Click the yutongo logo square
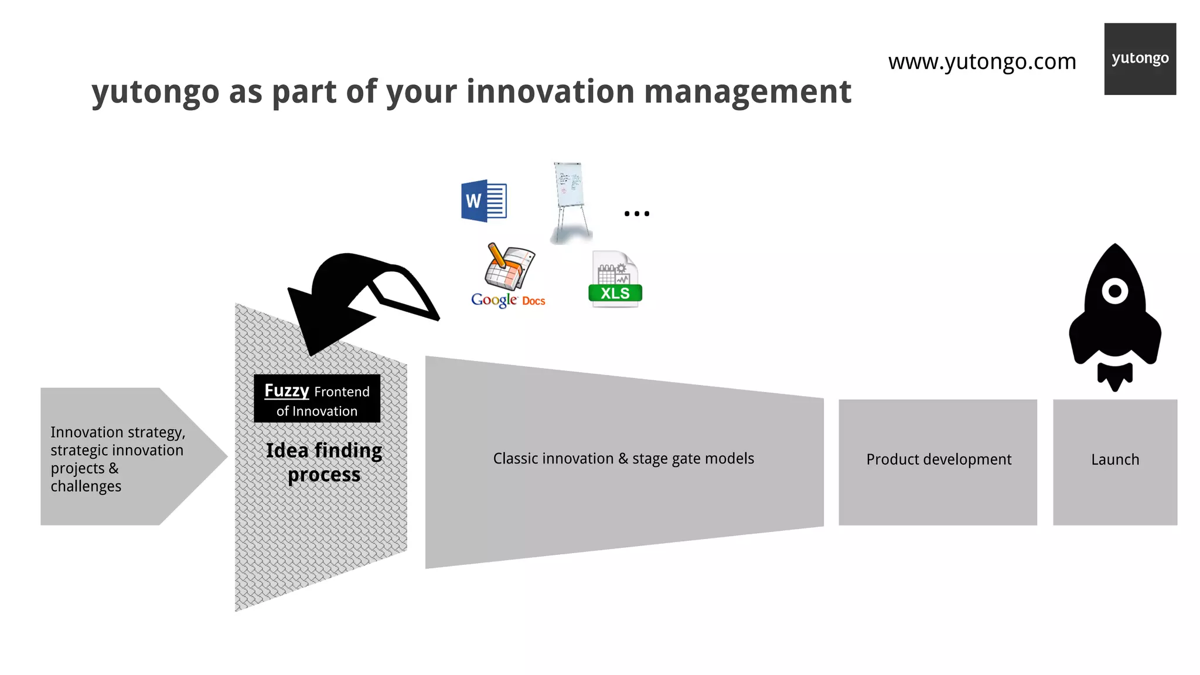pos(1140,59)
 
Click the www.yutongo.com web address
pos(982,62)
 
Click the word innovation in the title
pos(550,92)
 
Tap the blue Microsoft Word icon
pos(483,201)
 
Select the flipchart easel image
pos(570,202)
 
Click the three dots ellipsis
pos(636,214)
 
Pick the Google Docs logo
pos(508,275)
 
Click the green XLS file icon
pos(615,279)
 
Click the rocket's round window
pos(1114,291)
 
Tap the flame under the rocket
pos(1114,377)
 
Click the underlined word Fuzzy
pos(287,390)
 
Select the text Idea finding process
pos(323,462)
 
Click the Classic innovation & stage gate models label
pos(623,459)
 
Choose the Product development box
pos(938,460)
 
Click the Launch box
pos(1114,460)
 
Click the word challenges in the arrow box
pos(86,486)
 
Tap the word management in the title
pos(747,92)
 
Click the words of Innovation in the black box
pos(317,411)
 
